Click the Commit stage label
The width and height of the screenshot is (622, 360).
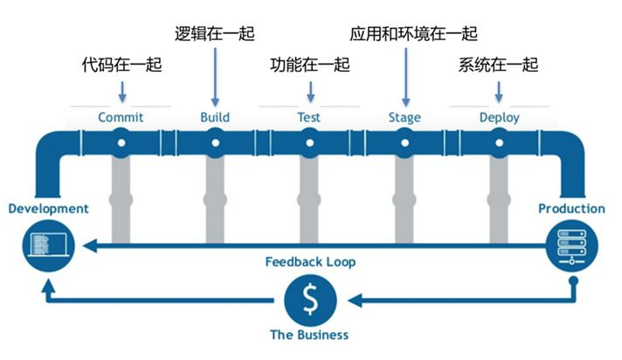(x=121, y=117)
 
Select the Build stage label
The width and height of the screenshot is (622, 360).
(x=215, y=117)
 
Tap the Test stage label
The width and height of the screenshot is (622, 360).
(x=308, y=117)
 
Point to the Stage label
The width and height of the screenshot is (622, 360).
(x=404, y=117)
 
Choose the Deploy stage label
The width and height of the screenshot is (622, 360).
(x=499, y=117)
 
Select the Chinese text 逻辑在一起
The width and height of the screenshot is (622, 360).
(x=215, y=34)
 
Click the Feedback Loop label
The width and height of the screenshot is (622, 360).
(x=310, y=261)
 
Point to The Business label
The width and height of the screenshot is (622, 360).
(x=309, y=335)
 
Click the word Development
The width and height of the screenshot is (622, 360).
(x=48, y=208)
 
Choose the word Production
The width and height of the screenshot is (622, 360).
(x=571, y=208)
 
